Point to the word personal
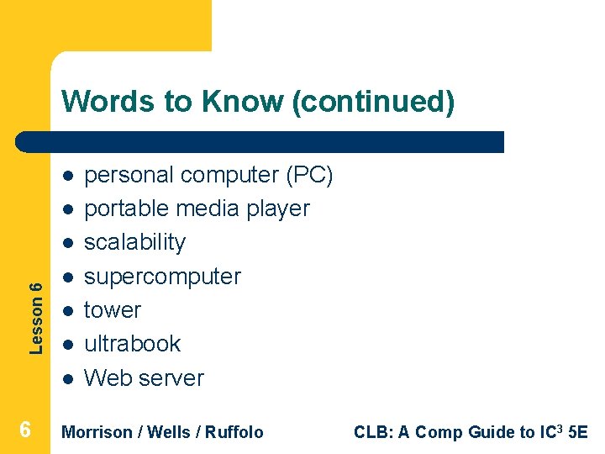pyautogui.click(x=129, y=175)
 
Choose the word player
pyautogui.click(x=277, y=209)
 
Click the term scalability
pyautogui.click(x=135, y=242)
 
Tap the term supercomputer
pyautogui.click(x=162, y=277)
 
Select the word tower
pyautogui.click(x=113, y=310)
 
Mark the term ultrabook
pyautogui.click(x=133, y=344)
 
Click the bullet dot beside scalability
pyautogui.click(x=66, y=243)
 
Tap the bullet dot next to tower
pyautogui.click(x=66, y=310)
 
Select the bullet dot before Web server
pyautogui.click(x=66, y=378)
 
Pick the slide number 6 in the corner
pyautogui.click(x=25, y=430)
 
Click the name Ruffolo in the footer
pyautogui.click(x=234, y=432)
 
